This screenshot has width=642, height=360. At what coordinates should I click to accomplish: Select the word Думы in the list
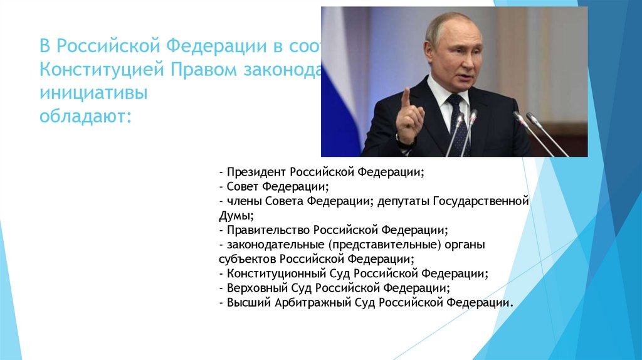[233, 215]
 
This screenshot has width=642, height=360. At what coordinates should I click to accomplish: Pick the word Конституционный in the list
[276, 273]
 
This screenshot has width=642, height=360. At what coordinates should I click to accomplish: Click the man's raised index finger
[406, 97]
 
